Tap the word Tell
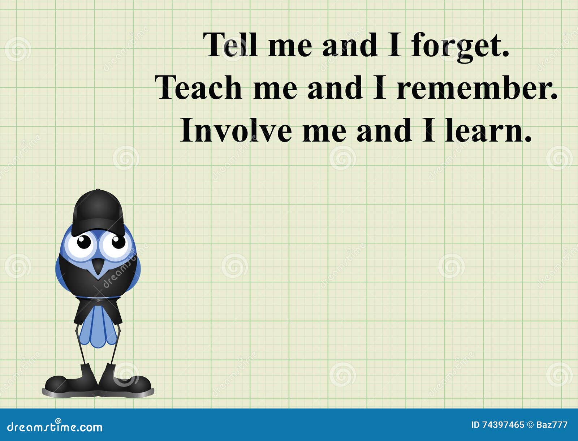coord(230,45)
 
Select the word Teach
coord(198,88)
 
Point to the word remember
coord(477,88)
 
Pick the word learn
coord(488,130)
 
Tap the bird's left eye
coord(84,242)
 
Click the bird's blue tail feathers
coord(98,327)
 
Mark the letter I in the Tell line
coord(395,45)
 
